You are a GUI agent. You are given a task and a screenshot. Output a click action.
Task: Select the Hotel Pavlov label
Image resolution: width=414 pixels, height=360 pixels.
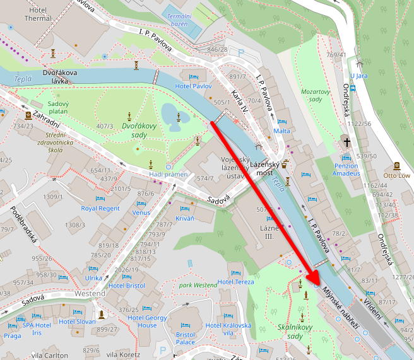pyautogui.click(x=193, y=86)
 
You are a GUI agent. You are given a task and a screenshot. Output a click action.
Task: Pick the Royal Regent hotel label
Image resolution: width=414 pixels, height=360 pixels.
pyautogui.click(x=100, y=208)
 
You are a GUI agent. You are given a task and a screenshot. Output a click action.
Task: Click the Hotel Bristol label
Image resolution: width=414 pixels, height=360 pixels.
pyautogui.click(x=126, y=286)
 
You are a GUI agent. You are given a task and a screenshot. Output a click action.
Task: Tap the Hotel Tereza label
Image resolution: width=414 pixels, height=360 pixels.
pyautogui.click(x=235, y=282)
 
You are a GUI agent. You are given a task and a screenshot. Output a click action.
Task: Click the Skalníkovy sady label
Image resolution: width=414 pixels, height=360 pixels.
pyautogui.click(x=295, y=332)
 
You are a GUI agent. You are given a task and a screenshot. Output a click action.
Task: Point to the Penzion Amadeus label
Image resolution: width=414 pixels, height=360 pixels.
pyautogui.click(x=346, y=169)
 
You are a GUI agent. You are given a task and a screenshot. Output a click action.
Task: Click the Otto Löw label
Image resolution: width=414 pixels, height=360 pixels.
pyautogui.click(x=397, y=176)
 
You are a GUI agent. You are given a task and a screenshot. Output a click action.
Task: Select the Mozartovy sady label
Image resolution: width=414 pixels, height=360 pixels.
pyautogui.click(x=316, y=95)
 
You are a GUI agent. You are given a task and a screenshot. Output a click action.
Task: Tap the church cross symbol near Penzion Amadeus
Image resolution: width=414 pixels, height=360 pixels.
pyautogui.click(x=346, y=142)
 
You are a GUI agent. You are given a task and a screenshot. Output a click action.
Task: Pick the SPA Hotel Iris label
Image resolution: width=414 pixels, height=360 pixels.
pyautogui.click(x=37, y=329)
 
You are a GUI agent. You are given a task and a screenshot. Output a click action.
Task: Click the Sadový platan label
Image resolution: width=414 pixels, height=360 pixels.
pyautogui.click(x=58, y=107)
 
